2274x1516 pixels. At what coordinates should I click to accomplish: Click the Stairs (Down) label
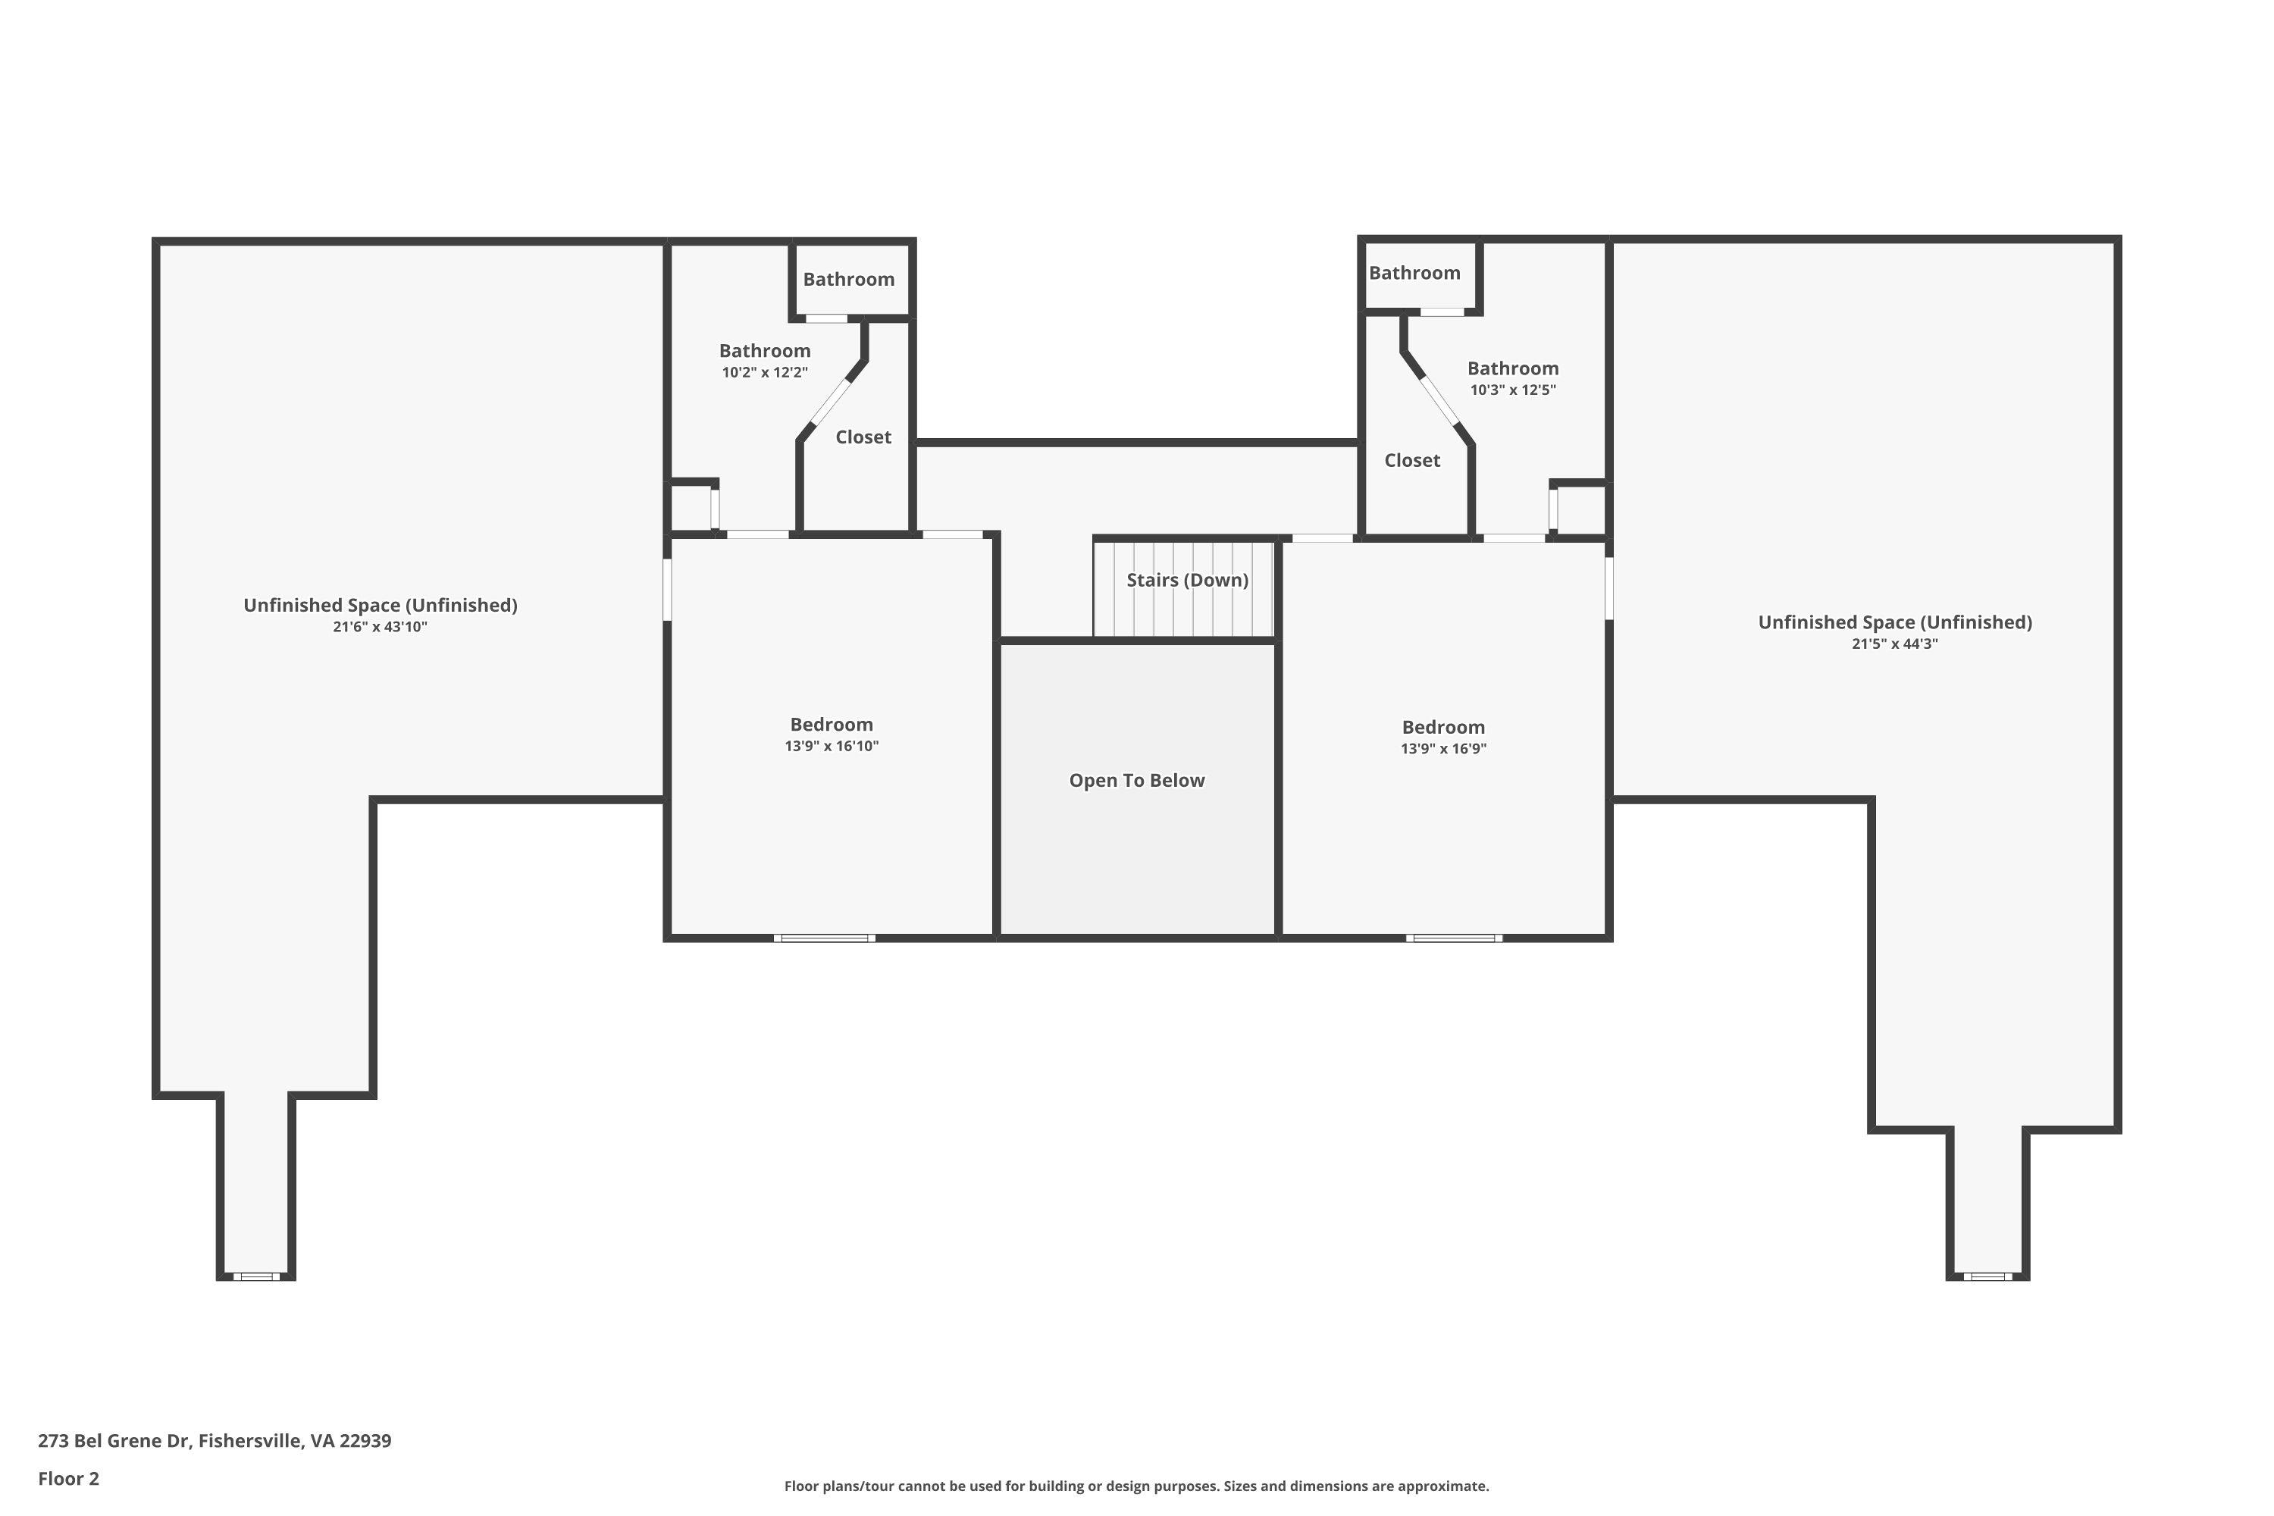(1187, 580)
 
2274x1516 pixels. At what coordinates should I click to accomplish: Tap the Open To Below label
(1136, 780)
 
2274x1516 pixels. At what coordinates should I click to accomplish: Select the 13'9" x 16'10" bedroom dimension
(832, 747)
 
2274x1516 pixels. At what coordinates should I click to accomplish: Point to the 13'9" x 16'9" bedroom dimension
(1442, 750)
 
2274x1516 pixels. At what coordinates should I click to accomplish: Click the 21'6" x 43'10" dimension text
(380, 628)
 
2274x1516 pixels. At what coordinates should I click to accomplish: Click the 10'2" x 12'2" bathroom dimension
(764, 373)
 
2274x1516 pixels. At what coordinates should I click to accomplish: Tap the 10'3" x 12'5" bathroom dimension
(1512, 390)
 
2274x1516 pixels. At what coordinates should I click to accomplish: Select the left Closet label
(863, 437)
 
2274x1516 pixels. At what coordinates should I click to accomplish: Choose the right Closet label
(1411, 460)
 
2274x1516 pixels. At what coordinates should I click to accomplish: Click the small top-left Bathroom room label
(848, 280)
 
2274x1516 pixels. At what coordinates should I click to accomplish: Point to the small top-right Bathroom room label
(1414, 273)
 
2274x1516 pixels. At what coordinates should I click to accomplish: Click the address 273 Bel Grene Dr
(214, 1441)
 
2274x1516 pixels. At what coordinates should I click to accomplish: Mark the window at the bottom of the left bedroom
(824, 938)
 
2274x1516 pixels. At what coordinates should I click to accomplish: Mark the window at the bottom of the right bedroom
(1453, 938)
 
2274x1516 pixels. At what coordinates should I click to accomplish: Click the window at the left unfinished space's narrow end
(256, 1277)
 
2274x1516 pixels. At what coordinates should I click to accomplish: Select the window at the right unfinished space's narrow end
(1987, 1277)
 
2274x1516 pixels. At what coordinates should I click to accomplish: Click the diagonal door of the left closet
(829, 403)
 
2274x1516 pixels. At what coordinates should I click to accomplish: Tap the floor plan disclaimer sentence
(1136, 1486)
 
